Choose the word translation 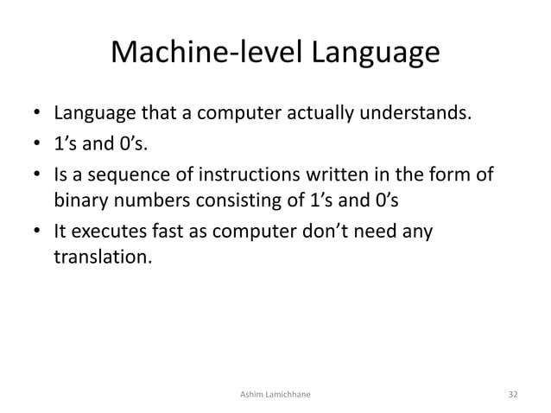click(x=102, y=258)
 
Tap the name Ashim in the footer click(x=250, y=394)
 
